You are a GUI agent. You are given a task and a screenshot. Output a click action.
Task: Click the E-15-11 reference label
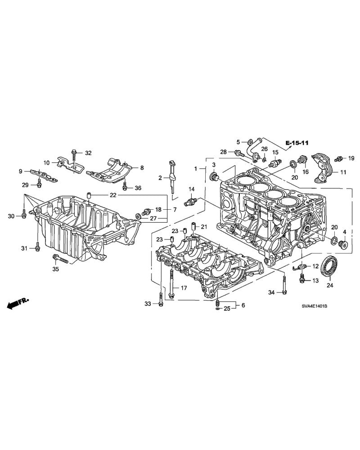[297, 143]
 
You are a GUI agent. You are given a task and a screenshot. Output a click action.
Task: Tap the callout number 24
[329, 285]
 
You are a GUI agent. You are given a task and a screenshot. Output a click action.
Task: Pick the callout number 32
[88, 153]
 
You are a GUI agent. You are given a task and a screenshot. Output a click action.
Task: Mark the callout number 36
[137, 188]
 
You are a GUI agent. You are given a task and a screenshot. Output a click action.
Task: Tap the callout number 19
[351, 158]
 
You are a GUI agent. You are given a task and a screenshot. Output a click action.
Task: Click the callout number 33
[148, 304]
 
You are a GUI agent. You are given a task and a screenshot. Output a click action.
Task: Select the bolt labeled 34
[284, 285]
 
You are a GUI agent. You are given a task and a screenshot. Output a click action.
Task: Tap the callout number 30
[11, 216]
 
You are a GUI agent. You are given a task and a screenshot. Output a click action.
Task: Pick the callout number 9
[20, 171]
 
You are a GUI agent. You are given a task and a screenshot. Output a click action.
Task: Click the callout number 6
[243, 305]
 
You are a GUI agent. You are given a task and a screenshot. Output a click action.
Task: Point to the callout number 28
[223, 152]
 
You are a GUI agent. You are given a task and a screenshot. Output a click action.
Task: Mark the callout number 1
[196, 168]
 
